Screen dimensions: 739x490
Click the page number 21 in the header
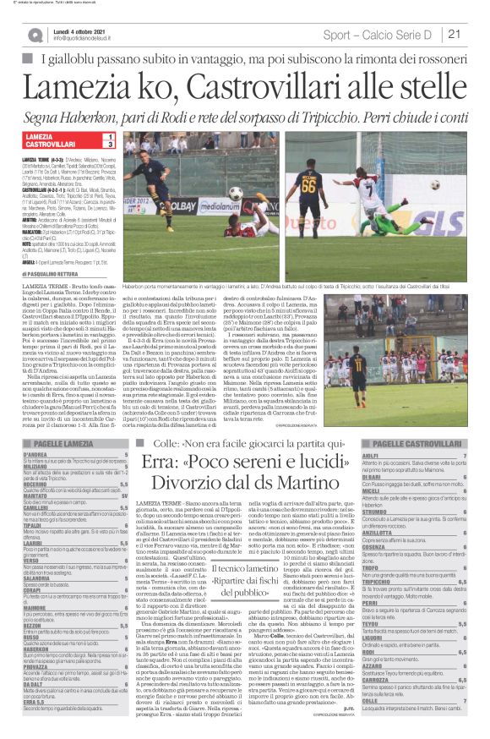(454, 34)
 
